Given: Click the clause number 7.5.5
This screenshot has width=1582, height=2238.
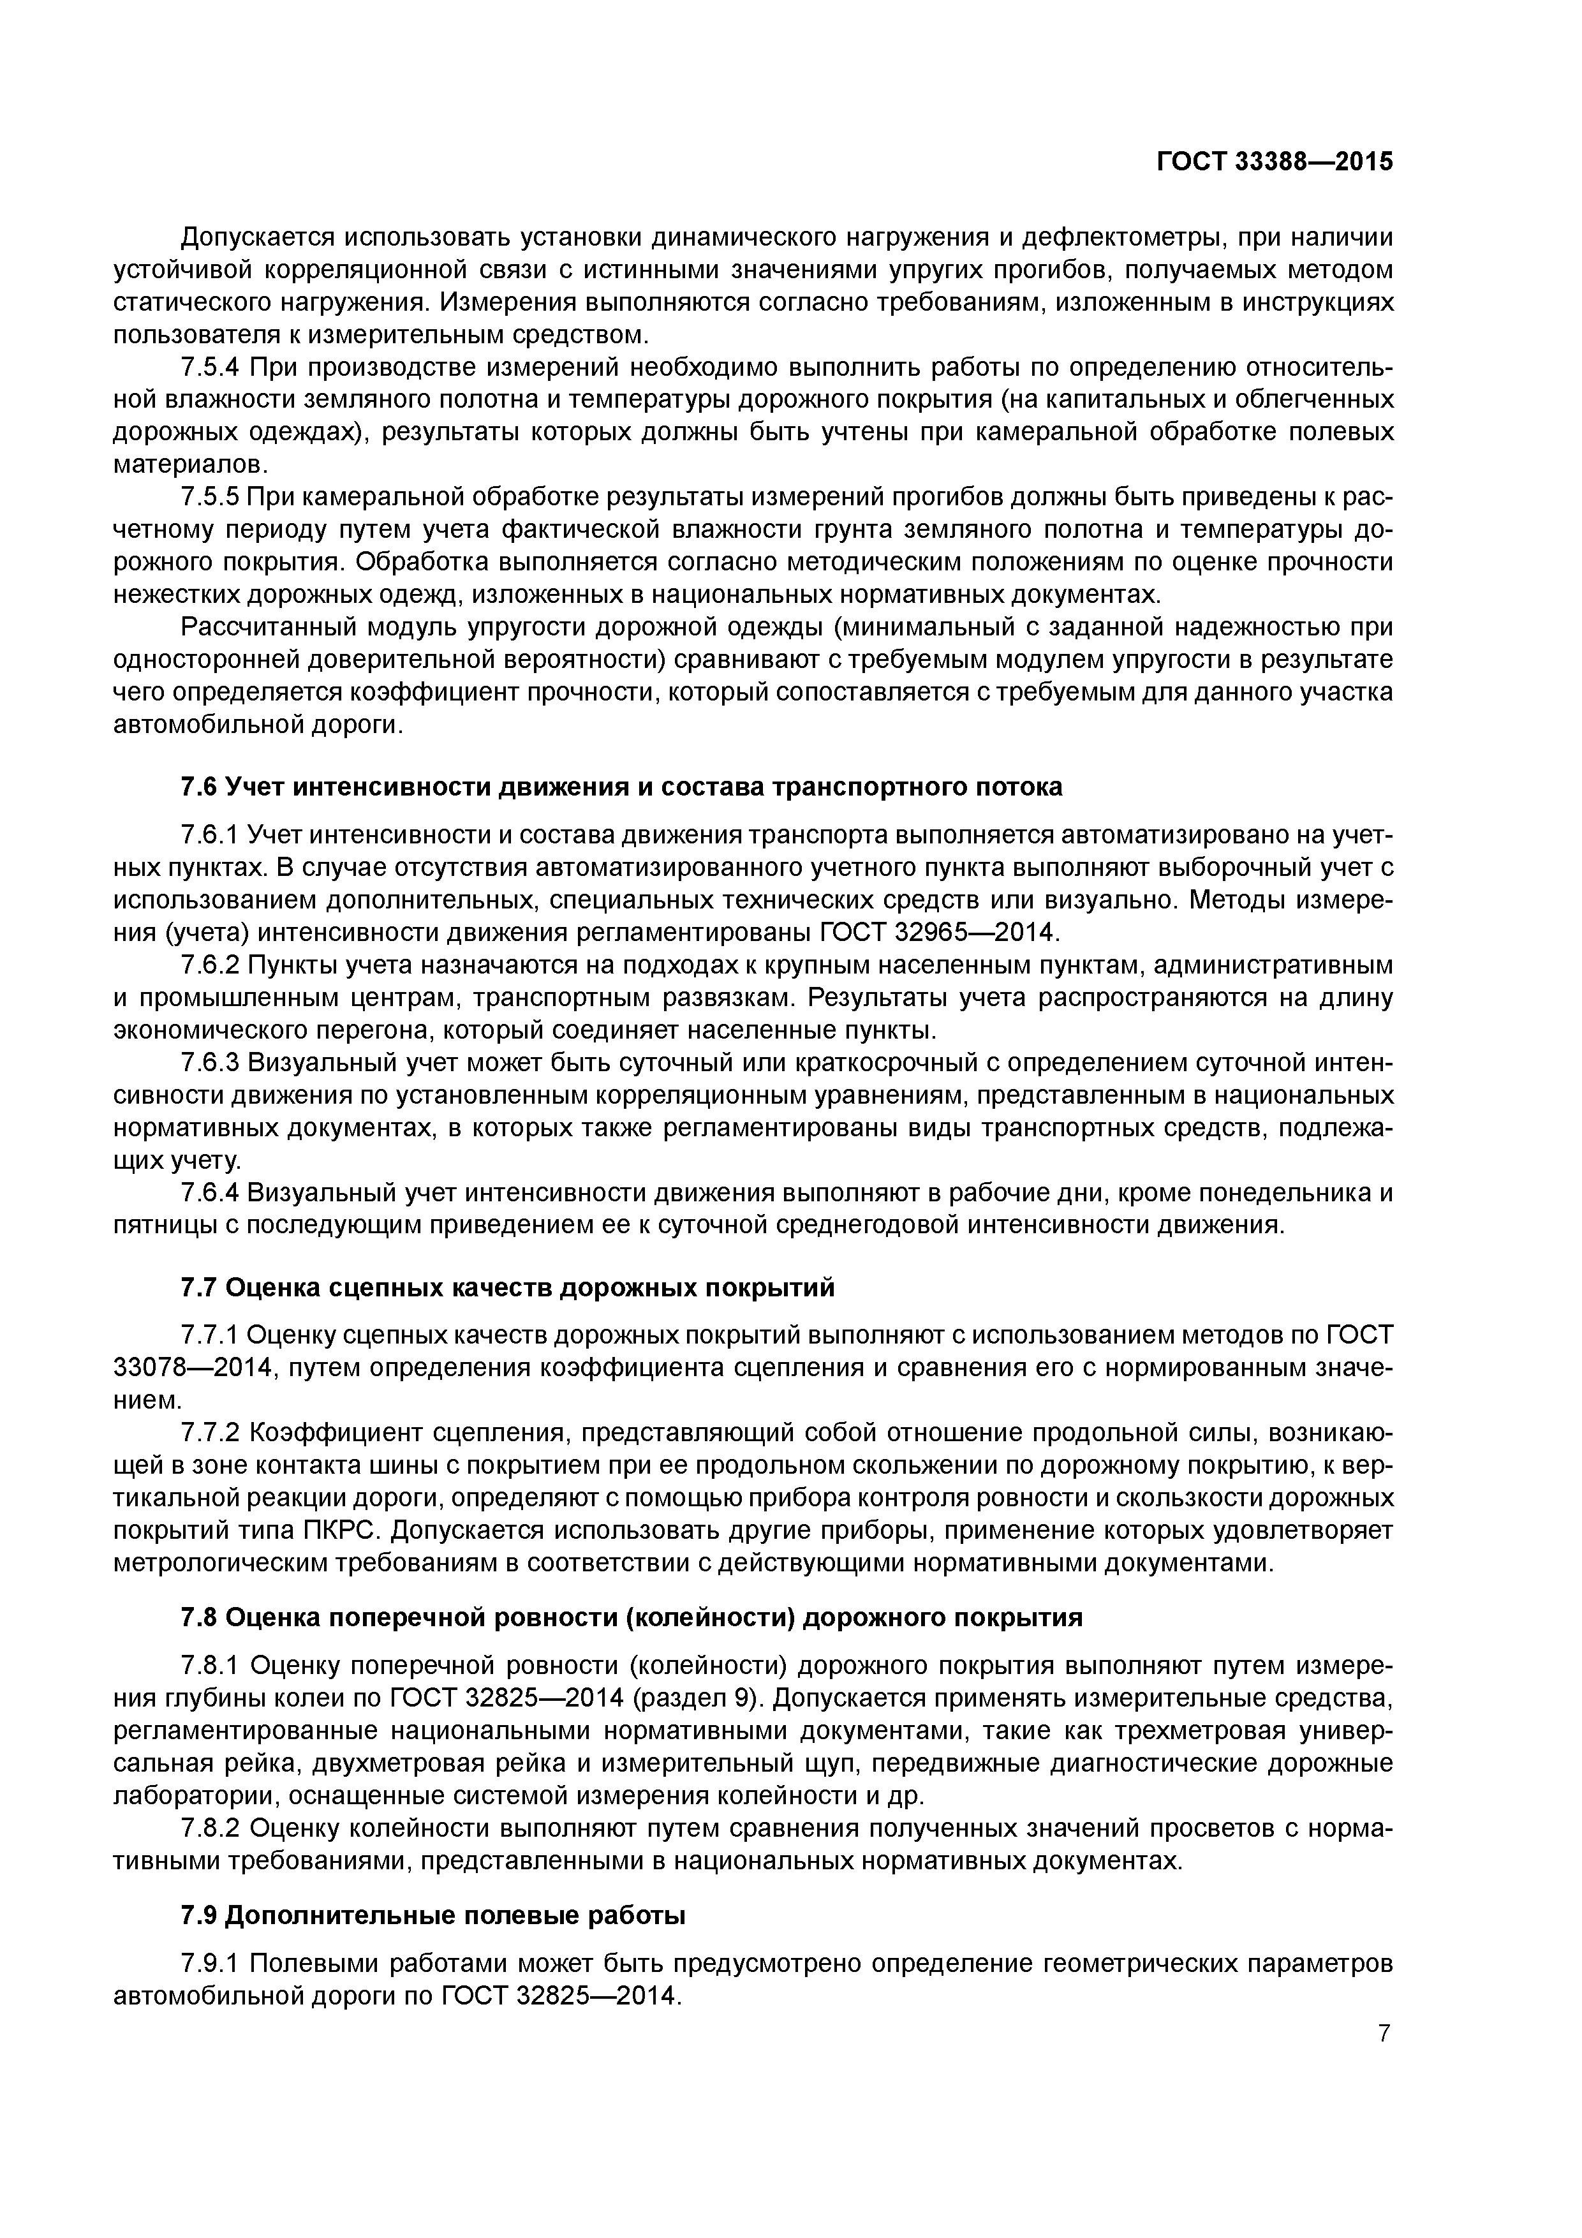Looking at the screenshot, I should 210,497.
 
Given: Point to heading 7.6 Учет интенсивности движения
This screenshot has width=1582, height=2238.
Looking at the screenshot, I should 621,787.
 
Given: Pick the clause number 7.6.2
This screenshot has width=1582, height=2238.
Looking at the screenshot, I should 210,965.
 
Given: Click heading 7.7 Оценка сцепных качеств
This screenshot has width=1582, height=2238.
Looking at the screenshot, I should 507,1287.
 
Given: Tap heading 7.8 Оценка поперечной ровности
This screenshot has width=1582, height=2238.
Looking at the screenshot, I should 632,1617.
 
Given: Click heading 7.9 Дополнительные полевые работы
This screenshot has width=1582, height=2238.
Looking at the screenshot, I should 432,1915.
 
